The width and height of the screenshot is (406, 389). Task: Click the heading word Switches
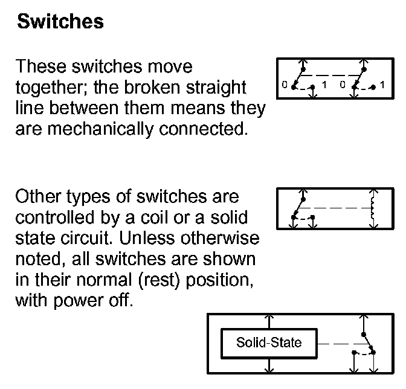click(x=60, y=22)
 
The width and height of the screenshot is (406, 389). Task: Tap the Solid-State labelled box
click(x=268, y=344)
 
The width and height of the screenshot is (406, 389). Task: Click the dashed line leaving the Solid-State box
click(x=335, y=344)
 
